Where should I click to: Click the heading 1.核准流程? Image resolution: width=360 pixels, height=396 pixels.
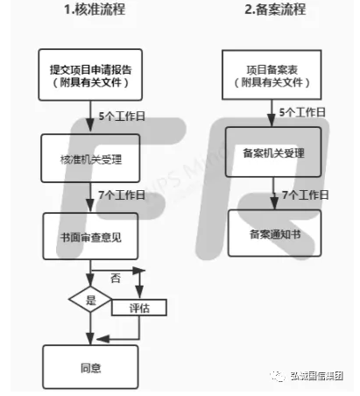pyautogui.click(x=95, y=10)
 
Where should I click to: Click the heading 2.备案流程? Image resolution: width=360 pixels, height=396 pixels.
pyautogui.click(x=275, y=10)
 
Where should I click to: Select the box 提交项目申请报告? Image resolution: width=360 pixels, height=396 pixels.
pyautogui.click(x=90, y=74)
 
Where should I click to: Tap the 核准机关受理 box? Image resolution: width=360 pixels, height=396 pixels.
pyautogui.click(x=90, y=159)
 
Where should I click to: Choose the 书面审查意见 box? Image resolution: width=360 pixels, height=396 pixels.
pyautogui.click(x=90, y=237)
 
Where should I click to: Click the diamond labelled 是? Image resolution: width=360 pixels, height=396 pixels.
pyautogui.click(x=90, y=300)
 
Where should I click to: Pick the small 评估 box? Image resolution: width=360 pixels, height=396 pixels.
pyautogui.click(x=139, y=308)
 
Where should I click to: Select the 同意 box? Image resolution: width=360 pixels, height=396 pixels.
pyautogui.click(x=90, y=367)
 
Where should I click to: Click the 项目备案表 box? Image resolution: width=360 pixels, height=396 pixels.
pyautogui.click(x=272, y=74)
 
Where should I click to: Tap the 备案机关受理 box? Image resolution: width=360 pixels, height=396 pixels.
pyautogui.click(x=273, y=152)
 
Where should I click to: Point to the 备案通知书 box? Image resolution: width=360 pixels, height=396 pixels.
pyautogui.click(x=274, y=233)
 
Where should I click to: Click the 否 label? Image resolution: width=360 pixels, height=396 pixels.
pyautogui.click(x=116, y=278)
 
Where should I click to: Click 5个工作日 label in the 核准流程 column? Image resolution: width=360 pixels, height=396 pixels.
pyautogui.click(x=122, y=117)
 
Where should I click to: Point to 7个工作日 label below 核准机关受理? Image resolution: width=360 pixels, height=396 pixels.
pyautogui.click(x=122, y=194)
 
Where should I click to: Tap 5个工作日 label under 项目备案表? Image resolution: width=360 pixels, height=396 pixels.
pyautogui.click(x=302, y=112)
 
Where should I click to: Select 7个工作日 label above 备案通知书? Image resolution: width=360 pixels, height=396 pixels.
pyautogui.click(x=306, y=194)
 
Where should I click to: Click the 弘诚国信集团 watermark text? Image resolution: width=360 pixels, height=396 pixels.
pyautogui.click(x=317, y=376)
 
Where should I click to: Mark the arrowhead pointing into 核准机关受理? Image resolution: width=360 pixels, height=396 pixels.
pyautogui.click(x=90, y=126)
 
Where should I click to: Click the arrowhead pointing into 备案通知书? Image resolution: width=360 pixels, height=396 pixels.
pyautogui.click(x=274, y=203)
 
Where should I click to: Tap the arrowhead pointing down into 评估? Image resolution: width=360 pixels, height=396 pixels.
pyautogui.click(x=139, y=293)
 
